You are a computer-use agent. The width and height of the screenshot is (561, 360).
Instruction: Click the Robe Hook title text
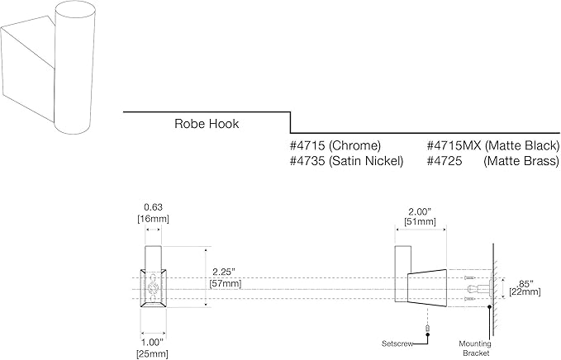click(207, 124)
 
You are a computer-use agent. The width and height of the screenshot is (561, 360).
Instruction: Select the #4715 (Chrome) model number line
click(335, 145)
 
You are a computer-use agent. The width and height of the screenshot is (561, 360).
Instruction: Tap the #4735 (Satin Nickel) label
click(347, 161)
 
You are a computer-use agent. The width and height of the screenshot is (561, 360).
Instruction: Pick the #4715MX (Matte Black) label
click(493, 145)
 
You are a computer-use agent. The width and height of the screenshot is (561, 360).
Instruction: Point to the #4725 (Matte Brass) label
click(493, 161)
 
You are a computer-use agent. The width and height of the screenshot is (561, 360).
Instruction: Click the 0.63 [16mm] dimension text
click(153, 213)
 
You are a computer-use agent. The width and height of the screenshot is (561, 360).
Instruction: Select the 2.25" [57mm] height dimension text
click(225, 277)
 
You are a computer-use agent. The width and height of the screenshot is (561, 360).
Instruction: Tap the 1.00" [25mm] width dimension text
click(152, 348)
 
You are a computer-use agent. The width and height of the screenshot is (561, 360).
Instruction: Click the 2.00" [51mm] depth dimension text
click(420, 216)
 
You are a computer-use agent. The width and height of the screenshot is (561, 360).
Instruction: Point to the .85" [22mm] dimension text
click(525, 288)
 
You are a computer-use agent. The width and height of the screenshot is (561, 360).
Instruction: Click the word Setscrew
click(397, 344)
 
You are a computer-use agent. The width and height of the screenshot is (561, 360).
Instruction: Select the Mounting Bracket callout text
click(475, 348)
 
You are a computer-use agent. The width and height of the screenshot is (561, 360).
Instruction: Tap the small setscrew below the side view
click(427, 328)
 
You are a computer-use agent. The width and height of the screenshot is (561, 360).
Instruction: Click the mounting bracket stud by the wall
click(480, 288)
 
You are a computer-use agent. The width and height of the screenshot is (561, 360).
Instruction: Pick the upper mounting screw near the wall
click(469, 277)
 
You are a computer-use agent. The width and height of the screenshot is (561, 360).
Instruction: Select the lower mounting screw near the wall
click(469, 299)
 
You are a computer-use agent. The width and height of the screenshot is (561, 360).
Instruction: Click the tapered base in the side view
click(427, 288)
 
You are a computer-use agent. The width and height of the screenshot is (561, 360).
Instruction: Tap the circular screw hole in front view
click(153, 288)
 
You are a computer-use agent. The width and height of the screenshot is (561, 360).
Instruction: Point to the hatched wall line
click(493, 290)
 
